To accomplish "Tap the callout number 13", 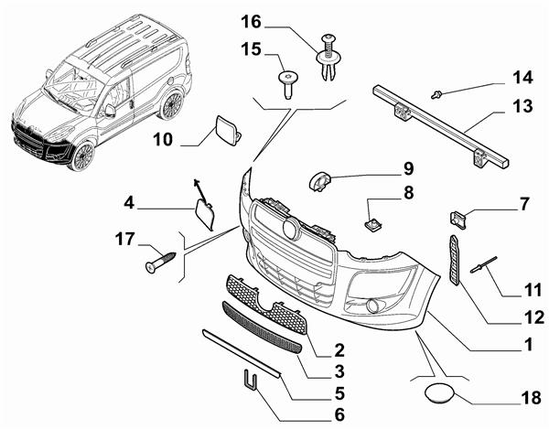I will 521,107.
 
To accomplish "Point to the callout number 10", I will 162,140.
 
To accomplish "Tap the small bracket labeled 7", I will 460,220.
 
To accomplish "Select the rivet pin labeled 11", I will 484,265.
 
